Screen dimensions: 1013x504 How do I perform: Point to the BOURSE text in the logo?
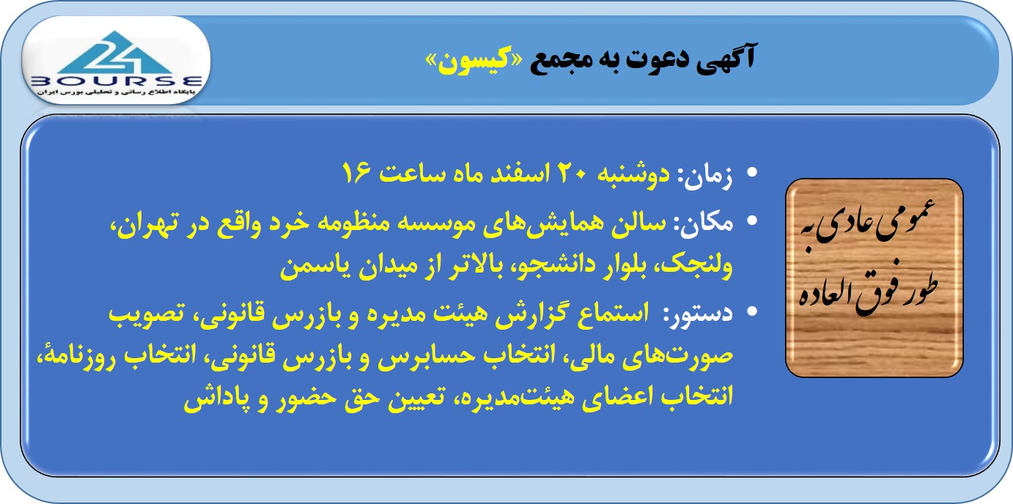[x=116, y=81]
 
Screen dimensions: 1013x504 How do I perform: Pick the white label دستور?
[x=699, y=314]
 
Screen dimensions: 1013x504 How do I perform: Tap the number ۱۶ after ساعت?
[x=356, y=172]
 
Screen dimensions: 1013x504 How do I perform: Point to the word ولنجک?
[x=697, y=267]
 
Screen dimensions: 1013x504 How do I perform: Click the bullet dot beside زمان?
[x=752, y=173]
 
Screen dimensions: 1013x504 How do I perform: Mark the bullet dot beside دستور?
[x=752, y=311]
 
